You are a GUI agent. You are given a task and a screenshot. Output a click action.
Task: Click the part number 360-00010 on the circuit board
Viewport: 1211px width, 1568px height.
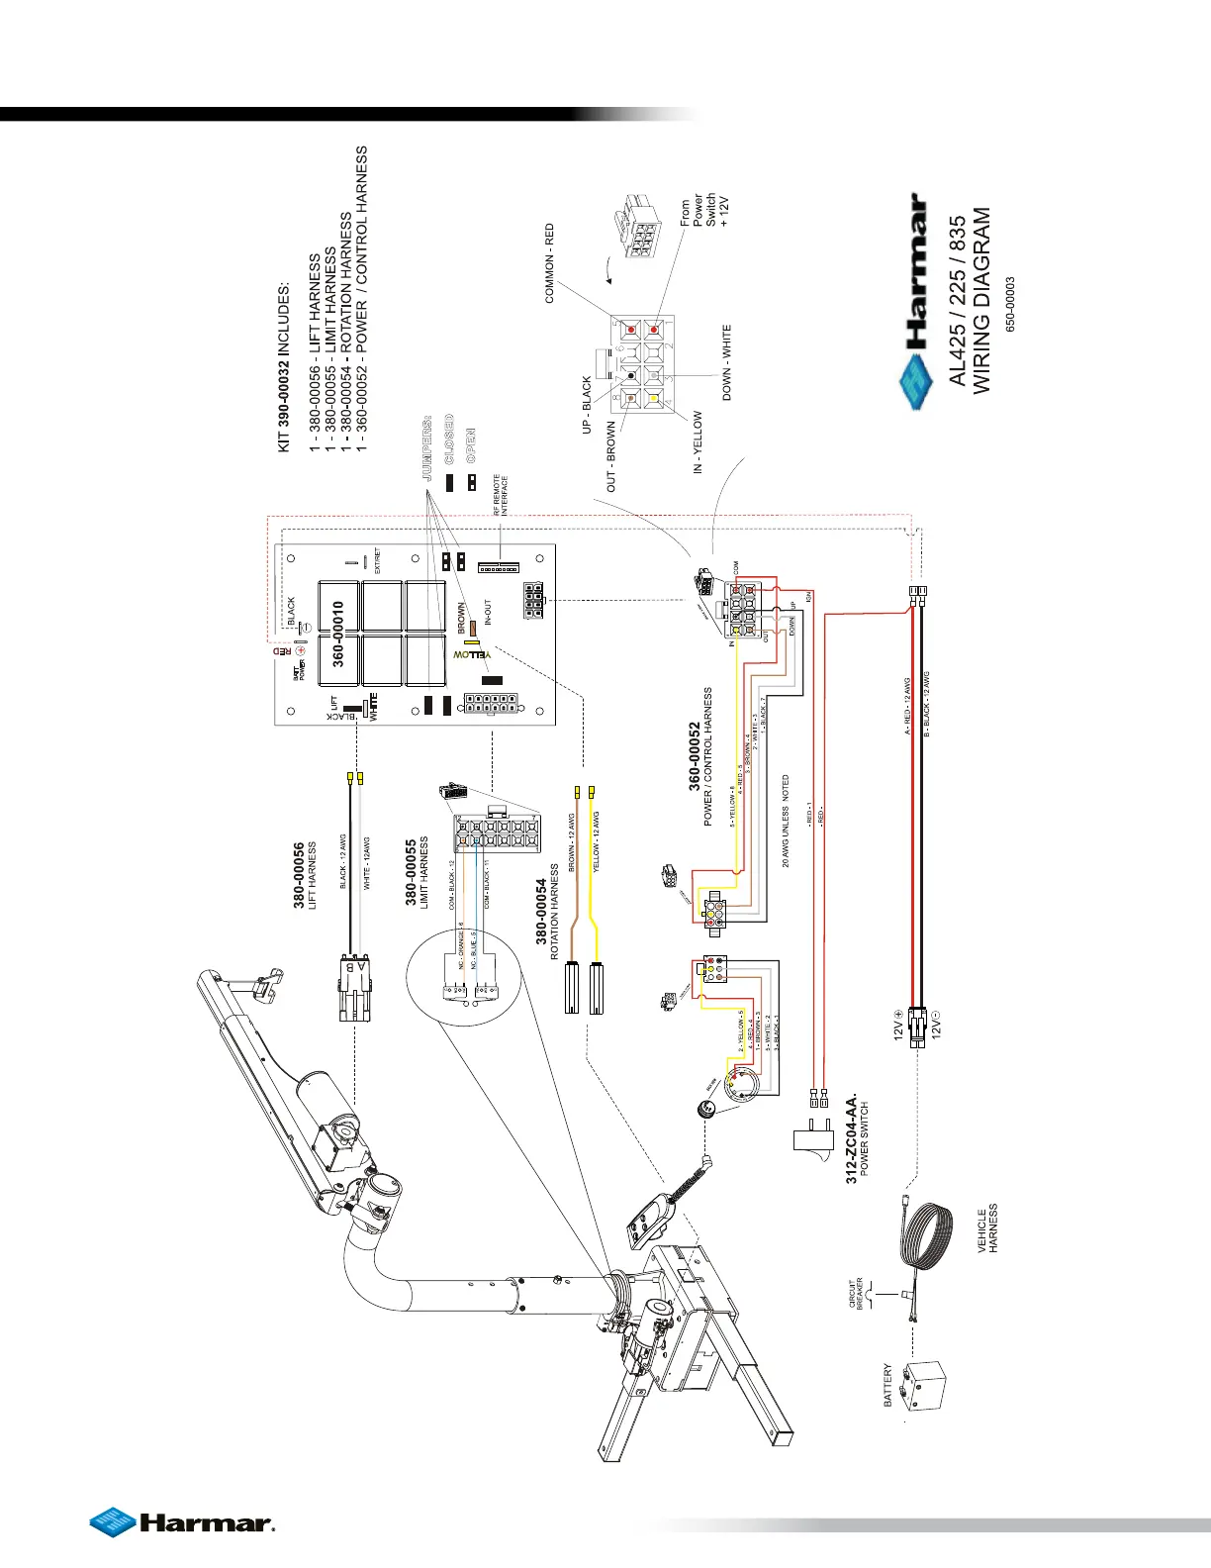pyautogui.click(x=338, y=634)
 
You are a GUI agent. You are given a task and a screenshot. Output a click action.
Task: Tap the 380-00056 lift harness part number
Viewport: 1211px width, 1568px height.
pyautogui.click(x=300, y=875)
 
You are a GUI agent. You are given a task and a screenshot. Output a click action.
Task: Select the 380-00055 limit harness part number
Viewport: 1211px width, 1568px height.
pyautogui.click(x=412, y=872)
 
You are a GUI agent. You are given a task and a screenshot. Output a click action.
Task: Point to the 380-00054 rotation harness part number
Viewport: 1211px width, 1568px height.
pyautogui.click(x=542, y=920)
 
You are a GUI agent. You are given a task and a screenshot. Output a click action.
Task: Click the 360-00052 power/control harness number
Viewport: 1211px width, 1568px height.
pyautogui.click(x=695, y=757)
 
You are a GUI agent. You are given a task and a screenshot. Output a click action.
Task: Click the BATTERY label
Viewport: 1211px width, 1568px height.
pyautogui.click(x=887, y=1385)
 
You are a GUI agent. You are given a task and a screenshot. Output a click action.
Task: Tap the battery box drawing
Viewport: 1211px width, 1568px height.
pyautogui.click(x=926, y=1386)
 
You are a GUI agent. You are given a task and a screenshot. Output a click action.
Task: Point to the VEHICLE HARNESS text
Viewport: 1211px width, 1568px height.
pyautogui.click(x=987, y=1229)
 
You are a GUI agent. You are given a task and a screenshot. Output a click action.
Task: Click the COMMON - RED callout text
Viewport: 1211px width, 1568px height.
pyautogui.click(x=550, y=263)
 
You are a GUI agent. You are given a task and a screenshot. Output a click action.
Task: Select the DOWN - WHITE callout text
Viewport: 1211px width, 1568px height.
pyautogui.click(x=727, y=362)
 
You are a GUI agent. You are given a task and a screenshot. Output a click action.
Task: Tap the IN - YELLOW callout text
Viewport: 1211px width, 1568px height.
pyautogui.click(x=698, y=442)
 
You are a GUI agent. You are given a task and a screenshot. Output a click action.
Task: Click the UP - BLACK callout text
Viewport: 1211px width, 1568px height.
pyautogui.click(x=587, y=404)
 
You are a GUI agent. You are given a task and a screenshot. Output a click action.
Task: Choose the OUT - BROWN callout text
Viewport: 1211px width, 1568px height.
pyautogui.click(x=610, y=456)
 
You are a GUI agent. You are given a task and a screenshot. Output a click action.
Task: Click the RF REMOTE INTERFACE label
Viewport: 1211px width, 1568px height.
pyautogui.click(x=501, y=494)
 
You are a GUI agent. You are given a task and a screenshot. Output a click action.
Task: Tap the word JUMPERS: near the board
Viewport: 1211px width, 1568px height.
pyautogui.click(x=428, y=447)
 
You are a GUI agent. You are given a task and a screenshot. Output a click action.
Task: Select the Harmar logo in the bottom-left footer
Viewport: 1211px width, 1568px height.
pyautogui.click(x=182, y=1522)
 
